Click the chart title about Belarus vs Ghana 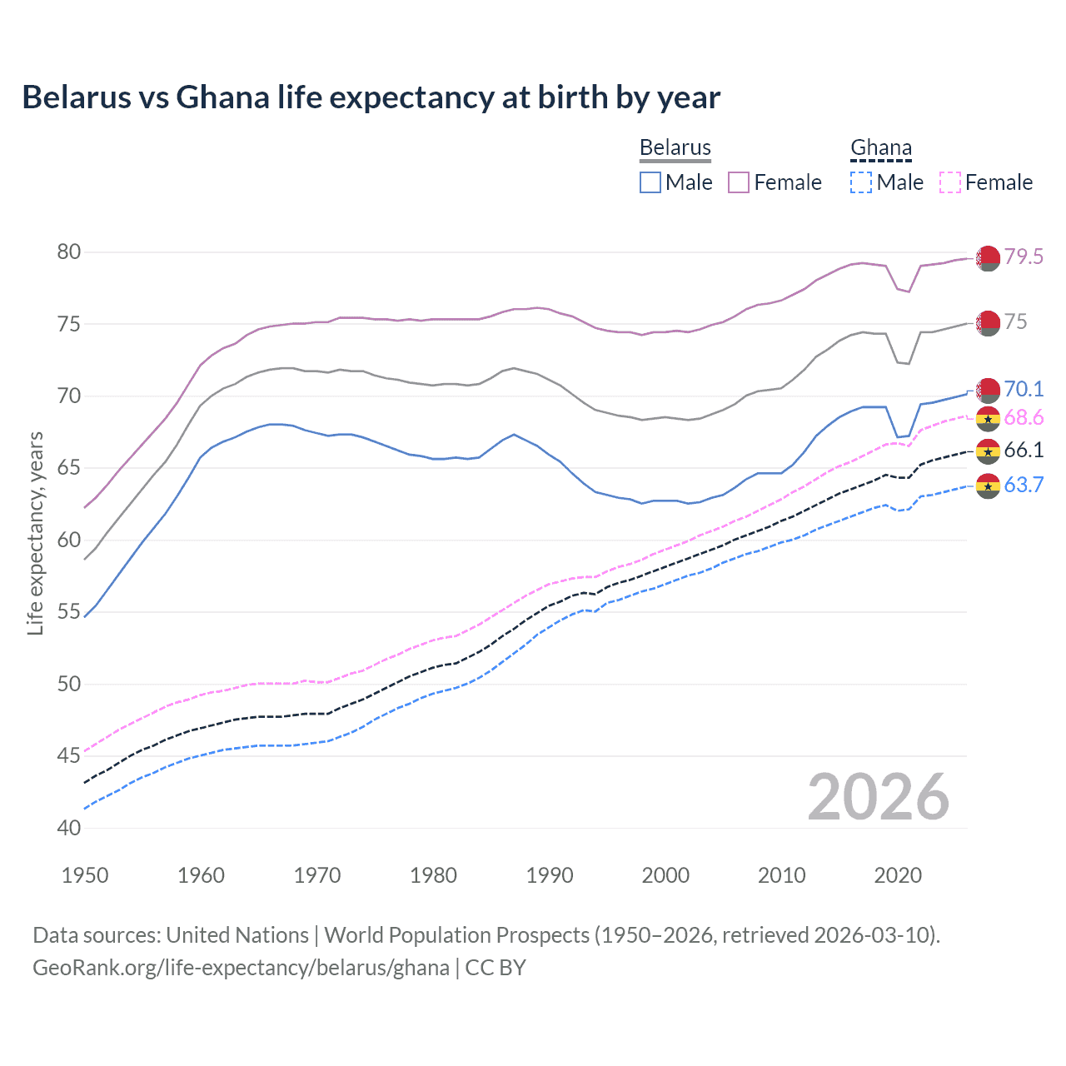point(371,97)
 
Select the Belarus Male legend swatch point(650,182)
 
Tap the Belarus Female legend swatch point(739,182)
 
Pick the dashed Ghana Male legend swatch point(861,182)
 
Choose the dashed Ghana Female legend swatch point(950,182)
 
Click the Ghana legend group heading point(881,147)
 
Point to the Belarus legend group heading point(675,147)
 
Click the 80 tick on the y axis point(69,252)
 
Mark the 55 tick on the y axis point(69,612)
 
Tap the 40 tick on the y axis point(69,828)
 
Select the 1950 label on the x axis point(85,875)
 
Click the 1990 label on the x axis point(550,875)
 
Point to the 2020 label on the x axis point(898,875)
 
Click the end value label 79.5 point(1024,257)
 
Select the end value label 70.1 point(1024,389)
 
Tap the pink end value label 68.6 point(1024,417)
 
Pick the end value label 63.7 point(1024,485)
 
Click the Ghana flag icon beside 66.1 point(988,451)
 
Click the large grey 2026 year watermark point(879,797)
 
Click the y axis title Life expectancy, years point(35,533)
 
